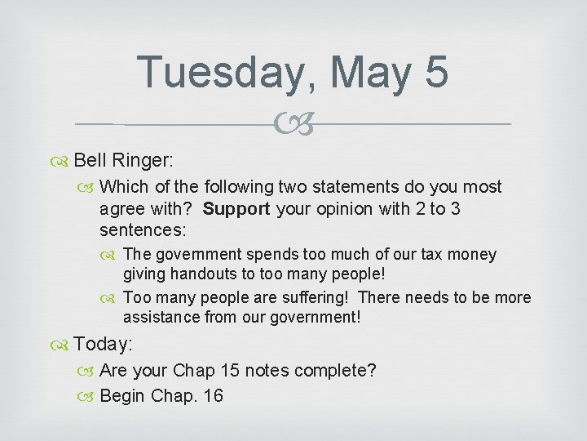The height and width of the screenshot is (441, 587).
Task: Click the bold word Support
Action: [x=236, y=209]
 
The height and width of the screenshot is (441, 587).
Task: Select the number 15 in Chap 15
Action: [x=229, y=371]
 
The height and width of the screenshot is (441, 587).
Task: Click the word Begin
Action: [x=123, y=396]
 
